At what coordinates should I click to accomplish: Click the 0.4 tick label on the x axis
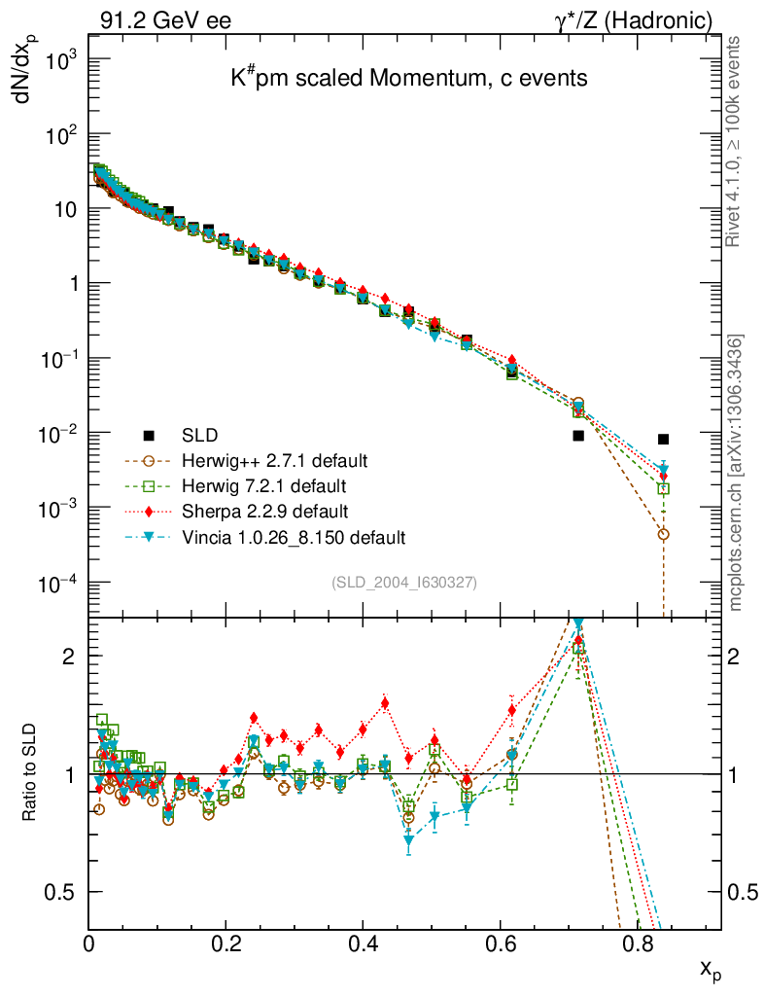coord(363,943)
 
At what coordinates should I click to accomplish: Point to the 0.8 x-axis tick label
coord(637,943)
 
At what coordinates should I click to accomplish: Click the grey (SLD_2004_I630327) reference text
coord(404,583)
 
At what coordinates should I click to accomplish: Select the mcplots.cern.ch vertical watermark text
coord(736,473)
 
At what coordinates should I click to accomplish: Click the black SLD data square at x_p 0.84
coord(663,439)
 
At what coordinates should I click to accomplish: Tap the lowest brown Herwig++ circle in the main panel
coord(663,534)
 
